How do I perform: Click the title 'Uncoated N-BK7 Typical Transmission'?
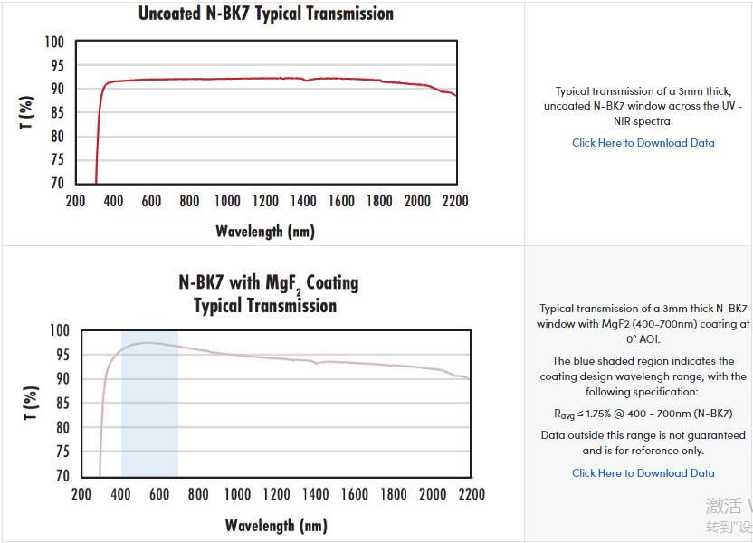266,14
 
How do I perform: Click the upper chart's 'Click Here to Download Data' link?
643,143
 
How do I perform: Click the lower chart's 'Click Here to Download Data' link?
643,473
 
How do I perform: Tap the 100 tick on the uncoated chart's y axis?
54,43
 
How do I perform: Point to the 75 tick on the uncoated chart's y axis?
56,160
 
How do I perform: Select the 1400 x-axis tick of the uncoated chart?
303,201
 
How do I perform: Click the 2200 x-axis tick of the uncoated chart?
455,201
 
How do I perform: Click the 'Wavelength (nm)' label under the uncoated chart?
265,232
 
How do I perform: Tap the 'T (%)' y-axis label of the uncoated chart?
27,112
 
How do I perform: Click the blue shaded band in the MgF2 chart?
149,407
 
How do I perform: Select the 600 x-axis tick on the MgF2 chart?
159,494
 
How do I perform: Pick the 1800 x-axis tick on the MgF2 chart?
394,494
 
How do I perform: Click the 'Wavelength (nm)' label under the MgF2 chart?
276,526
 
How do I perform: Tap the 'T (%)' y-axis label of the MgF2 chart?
30,404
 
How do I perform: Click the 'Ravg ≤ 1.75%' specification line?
643,414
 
